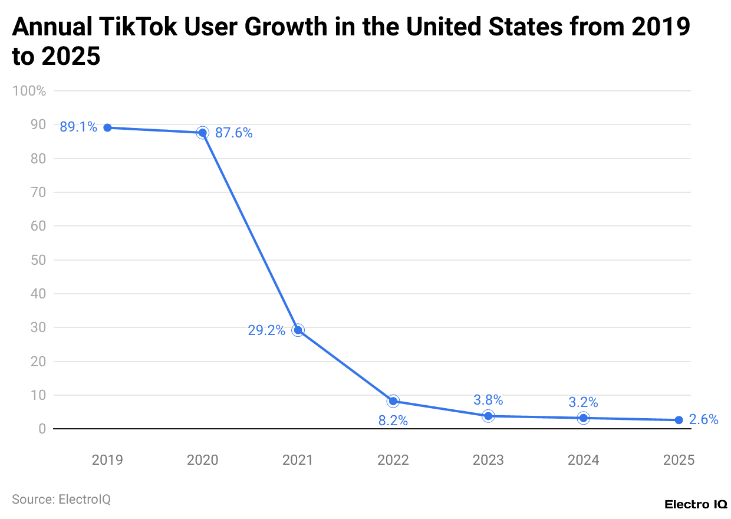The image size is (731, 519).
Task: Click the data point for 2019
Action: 107,127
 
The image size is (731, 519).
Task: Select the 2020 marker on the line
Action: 202,133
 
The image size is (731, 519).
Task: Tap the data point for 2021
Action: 298,330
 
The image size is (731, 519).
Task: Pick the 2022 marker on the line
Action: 393,401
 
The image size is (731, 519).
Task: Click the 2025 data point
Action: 679,420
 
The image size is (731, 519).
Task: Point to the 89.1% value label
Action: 78,127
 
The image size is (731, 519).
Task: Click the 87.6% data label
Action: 233,133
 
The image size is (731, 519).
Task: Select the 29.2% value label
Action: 266,330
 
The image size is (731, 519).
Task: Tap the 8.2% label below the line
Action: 393,421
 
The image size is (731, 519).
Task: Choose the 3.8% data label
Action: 488,400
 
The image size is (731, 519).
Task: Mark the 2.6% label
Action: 703,420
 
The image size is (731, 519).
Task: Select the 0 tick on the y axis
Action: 42,429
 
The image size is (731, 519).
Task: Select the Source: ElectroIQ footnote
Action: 61,499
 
